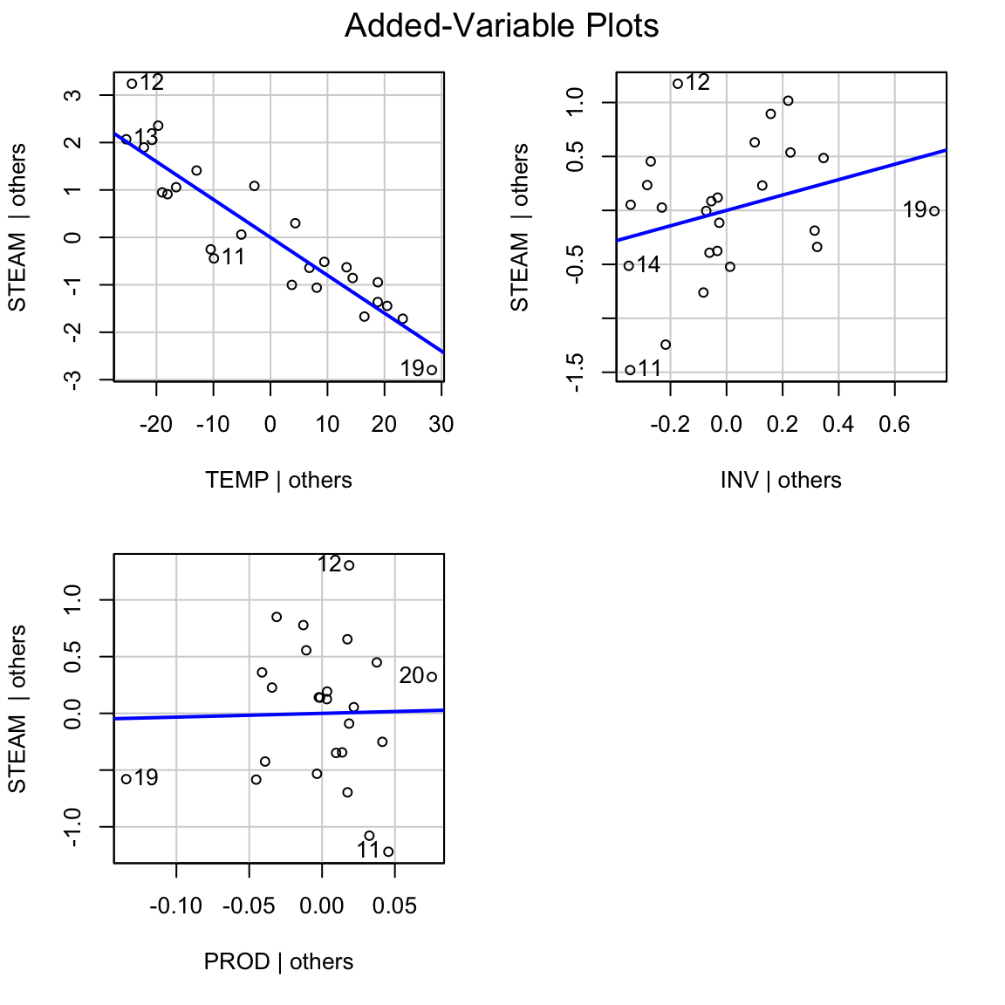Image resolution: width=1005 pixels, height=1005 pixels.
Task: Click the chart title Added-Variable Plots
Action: [x=502, y=26]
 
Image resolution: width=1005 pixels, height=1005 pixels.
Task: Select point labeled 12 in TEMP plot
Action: [x=132, y=84]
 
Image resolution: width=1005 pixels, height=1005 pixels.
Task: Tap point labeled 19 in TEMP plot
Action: [x=431, y=370]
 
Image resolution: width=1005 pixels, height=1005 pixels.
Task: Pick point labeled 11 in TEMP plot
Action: [x=214, y=258]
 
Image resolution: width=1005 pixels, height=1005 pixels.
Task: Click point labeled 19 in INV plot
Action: [x=934, y=210]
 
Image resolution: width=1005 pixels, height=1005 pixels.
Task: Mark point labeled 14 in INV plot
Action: [x=628, y=265]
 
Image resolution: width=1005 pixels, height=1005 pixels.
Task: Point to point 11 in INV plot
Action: [x=630, y=370]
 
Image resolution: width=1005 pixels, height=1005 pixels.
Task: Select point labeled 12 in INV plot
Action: [x=678, y=84]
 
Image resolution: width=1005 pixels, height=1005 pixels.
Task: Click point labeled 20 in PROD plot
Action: [x=431, y=676]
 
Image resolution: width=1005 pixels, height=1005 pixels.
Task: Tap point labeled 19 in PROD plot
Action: [x=126, y=778]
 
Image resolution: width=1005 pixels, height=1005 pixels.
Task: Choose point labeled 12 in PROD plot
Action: [x=349, y=565]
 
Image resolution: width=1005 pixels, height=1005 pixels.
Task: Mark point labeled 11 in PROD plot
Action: [x=388, y=851]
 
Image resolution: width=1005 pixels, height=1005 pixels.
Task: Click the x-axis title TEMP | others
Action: [x=278, y=481]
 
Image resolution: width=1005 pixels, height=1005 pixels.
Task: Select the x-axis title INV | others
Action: [x=781, y=481]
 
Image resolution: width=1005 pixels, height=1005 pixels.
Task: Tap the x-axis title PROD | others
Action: [x=278, y=962]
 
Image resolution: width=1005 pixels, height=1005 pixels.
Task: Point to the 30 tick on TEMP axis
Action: [x=441, y=425]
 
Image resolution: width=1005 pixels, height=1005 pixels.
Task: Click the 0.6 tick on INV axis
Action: [x=894, y=425]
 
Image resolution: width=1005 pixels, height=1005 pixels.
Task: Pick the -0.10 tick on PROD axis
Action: [x=176, y=906]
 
